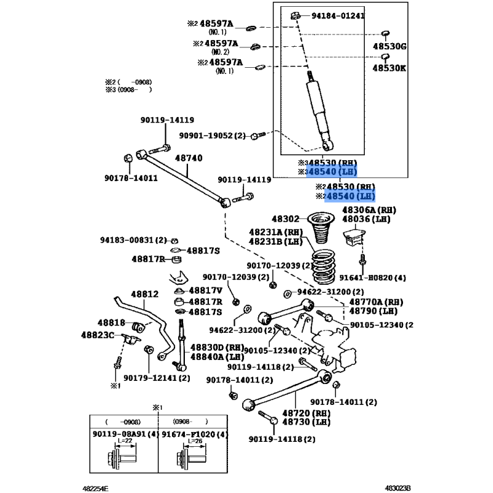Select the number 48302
tap(285, 219)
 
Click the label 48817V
tap(205, 290)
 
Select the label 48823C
tap(98, 335)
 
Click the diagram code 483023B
tap(398, 487)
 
